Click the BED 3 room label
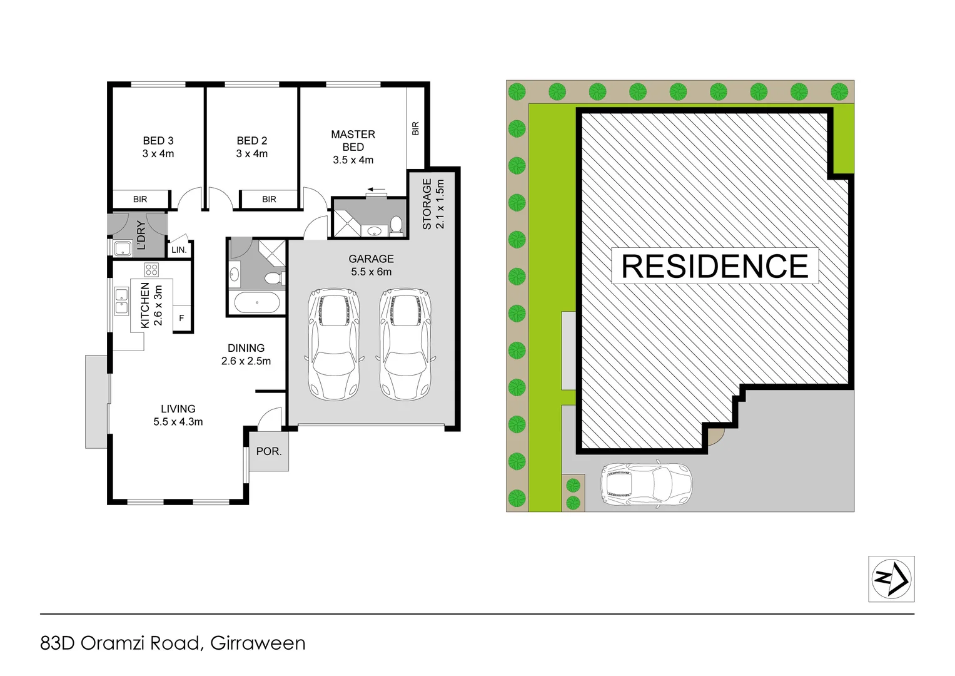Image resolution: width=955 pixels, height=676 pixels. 158,147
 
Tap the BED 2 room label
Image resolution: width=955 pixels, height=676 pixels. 252,147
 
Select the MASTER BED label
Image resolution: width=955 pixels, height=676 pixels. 353,147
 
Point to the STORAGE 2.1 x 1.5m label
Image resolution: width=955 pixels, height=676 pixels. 433,204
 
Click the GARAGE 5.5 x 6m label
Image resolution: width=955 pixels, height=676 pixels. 371,265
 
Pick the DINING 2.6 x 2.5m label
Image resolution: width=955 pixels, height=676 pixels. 246,354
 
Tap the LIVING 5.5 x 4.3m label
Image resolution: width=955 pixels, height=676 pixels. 178,415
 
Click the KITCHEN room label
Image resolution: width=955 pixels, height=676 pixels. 151,305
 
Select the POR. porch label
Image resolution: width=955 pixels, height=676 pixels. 269,451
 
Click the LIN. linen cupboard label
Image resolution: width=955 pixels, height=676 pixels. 179,250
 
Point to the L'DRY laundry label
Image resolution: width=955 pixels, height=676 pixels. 141,235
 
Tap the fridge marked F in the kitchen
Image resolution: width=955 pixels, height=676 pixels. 182,318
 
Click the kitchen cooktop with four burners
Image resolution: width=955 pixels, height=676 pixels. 151,270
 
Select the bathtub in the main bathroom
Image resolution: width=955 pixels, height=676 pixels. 257,303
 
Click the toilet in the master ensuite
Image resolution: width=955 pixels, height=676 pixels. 397,223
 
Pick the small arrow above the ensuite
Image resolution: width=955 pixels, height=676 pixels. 376,189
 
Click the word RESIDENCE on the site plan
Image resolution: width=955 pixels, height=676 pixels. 715,266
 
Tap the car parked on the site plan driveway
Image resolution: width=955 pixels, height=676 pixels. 647,484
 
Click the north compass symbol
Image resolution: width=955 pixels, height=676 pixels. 891,579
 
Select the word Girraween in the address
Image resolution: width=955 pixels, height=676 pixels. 258,643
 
